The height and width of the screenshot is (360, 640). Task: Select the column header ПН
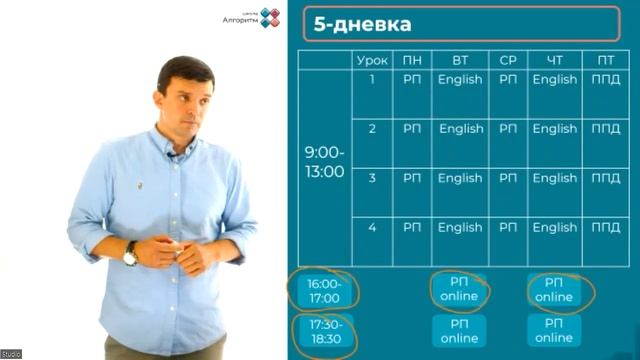412,60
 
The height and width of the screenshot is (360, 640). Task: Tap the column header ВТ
460,60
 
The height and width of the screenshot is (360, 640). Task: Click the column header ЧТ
554,60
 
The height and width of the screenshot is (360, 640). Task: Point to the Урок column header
372,60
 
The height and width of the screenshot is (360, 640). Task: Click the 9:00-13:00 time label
324,161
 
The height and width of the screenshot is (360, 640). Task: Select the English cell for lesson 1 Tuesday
460,80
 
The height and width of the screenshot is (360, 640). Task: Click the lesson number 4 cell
372,227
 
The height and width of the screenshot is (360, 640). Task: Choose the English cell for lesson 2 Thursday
554,129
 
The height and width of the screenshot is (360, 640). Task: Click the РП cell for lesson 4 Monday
412,227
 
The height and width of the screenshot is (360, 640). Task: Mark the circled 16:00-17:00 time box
324,290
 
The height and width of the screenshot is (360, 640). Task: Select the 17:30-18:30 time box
324,331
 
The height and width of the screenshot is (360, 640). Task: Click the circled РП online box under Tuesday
460,289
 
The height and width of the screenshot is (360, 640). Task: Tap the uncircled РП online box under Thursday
553,331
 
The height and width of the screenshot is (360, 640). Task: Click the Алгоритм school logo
249,17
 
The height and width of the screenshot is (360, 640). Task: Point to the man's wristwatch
130,254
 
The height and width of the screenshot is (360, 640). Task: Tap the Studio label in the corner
11,354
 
